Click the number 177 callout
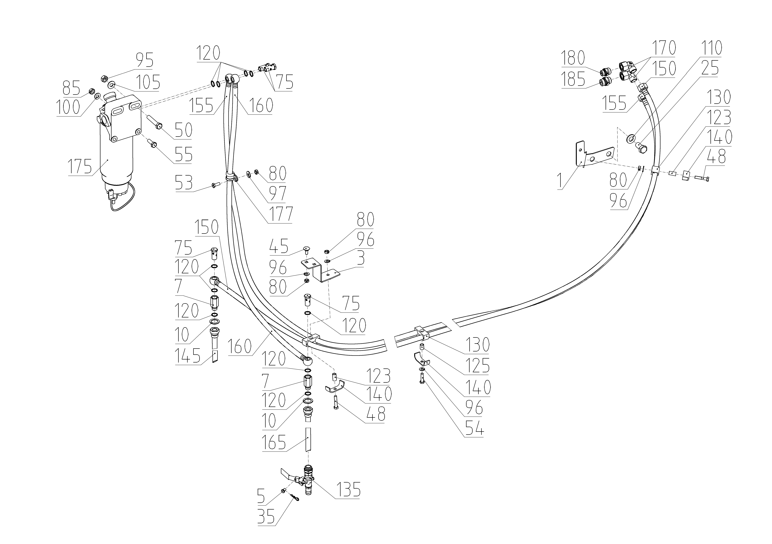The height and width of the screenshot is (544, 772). click(280, 214)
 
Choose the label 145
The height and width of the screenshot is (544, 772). click(187, 356)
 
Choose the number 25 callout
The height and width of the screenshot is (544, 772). click(710, 68)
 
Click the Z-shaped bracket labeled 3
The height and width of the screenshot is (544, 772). click(319, 269)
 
